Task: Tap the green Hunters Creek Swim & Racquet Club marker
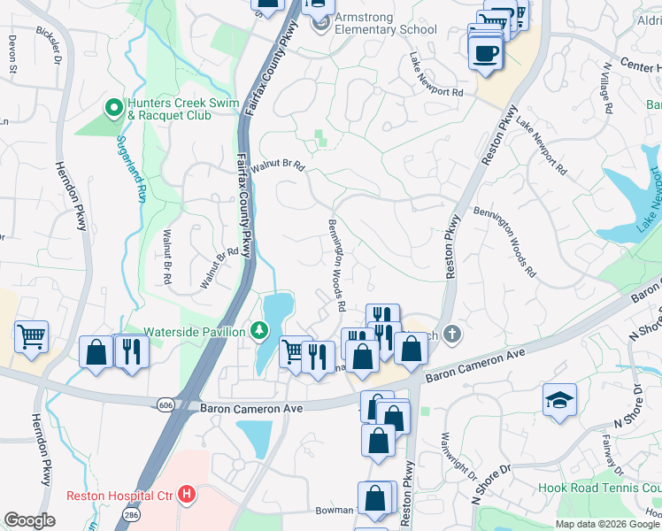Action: pos(113,109)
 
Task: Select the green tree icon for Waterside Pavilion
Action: pos(258,331)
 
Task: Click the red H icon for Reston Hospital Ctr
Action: pos(187,494)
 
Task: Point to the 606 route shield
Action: pos(165,404)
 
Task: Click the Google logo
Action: pos(30,520)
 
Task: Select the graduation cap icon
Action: pos(560,400)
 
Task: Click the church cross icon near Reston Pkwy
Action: pos(452,334)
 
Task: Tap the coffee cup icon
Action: pos(485,52)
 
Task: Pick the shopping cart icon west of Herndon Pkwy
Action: pos(31,335)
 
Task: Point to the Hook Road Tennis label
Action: pos(599,488)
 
